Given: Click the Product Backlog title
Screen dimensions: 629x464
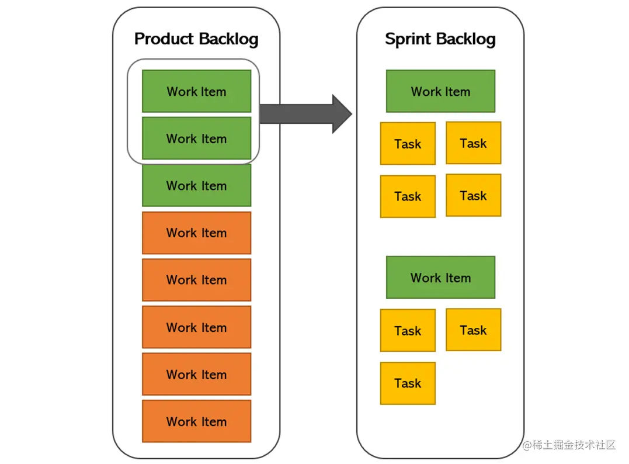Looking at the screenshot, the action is tap(196, 39).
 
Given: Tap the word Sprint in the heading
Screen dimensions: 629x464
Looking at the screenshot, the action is tap(408, 40).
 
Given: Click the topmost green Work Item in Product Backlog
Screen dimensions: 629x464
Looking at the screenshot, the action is tap(197, 91).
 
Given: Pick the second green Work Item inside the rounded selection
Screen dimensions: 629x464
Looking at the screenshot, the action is tap(197, 138).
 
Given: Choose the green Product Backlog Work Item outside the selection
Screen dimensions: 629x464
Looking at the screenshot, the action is tap(197, 185).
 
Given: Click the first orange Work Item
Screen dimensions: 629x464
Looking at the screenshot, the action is tap(197, 233).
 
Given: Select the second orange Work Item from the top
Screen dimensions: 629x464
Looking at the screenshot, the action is tap(197, 280).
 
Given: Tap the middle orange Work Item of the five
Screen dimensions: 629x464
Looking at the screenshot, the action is tap(197, 327).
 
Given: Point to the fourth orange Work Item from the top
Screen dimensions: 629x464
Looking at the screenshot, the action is tap(197, 374).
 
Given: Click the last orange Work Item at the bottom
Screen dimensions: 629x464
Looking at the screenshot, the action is tap(197, 421).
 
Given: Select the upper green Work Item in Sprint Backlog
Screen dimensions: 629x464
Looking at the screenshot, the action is tap(440, 91).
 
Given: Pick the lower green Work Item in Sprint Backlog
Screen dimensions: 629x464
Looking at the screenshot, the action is tap(440, 278).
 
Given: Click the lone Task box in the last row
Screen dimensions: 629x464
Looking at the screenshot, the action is tap(408, 383).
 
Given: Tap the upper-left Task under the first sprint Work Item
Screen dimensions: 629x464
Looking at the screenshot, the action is tap(408, 144).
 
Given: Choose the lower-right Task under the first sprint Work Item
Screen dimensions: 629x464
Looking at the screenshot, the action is tap(473, 195).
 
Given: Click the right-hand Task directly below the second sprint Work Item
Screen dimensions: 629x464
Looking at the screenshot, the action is tap(473, 330).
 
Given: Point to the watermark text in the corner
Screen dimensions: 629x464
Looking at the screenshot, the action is tap(569, 445).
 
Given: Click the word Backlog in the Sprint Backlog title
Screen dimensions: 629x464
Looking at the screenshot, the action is tap(465, 40).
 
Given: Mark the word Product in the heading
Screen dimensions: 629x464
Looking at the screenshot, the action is tap(164, 39).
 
